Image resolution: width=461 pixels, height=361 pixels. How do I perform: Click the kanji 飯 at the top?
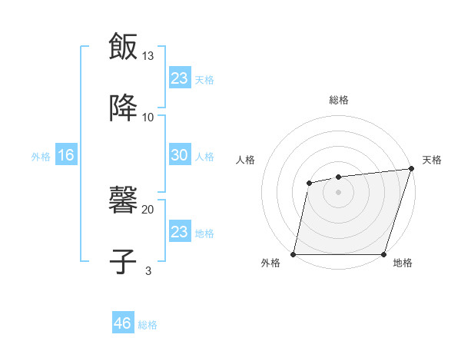pyautogui.click(x=123, y=47)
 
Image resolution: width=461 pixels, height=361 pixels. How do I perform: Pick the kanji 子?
pyautogui.click(x=123, y=261)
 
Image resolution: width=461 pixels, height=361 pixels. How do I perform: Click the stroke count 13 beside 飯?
pyautogui.click(x=148, y=56)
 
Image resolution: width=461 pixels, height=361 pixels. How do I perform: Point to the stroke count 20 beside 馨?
pyautogui.click(x=148, y=209)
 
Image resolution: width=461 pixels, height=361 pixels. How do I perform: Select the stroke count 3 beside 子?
pyautogui.click(x=148, y=270)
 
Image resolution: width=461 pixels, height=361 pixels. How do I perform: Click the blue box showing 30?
pyautogui.click(x=179, y=155)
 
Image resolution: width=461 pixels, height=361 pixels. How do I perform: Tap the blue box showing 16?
pyautogui.click(x=65, y=155)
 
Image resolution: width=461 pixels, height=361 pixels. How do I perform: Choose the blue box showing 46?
pyautogui.click(x=123, y=323)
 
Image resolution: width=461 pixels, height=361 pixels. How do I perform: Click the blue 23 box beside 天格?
pyautogui.click(x=179, y=78)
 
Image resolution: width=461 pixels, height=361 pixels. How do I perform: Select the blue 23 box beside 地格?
pyautogui.click(x=179, y=231)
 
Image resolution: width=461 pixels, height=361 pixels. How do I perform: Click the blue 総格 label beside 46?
pyautogui.click(x=148, y=325)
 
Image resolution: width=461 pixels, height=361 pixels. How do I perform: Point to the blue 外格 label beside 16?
pyautogui.click(x=41, y=157)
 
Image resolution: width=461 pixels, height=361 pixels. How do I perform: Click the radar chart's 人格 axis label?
pyautogui.click(x=246, y=160)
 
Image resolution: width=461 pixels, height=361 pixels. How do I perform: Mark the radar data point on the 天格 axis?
pyautogui.click(x=412, y=168)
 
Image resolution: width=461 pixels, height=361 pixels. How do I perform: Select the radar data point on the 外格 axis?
pyautogui.click(x=294, y=254)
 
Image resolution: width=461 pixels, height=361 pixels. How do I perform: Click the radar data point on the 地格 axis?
pyautogui.click(x=383, y=254)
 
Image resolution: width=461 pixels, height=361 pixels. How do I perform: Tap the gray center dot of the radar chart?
pyautogui.click(x=338, y=192)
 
